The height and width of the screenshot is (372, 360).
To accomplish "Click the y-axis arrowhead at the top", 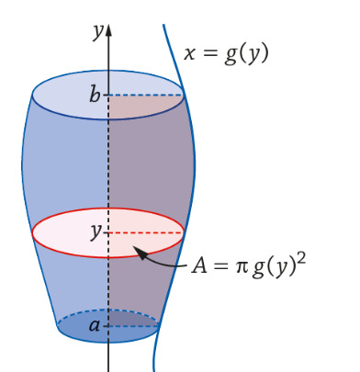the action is pyautogui.click(x=108, y=29).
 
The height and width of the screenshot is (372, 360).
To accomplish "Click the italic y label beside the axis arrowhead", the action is pyautogui.click(x=97, y=31).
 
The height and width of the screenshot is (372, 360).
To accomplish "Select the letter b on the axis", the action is pyautogui.click(x=95, y=94).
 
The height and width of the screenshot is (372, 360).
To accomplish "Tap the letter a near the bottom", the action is pyautogui.click(x=95, y=325).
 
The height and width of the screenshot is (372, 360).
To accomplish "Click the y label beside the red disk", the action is pyautogui.click(x=96, y=232).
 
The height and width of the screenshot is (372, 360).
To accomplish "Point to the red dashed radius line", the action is pyautogui.click(x=146, y=233).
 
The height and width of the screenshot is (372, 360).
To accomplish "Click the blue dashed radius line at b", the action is pyautogui.click(x=146, y=95).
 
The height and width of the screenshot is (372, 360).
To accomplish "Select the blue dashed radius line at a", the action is pyautogui.click(x=134, y=326).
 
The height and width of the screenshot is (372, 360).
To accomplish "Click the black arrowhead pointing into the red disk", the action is pyautogui.click(x=140, y=253).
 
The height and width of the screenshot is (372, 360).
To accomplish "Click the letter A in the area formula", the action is pyautogui.click(x=199, y=265).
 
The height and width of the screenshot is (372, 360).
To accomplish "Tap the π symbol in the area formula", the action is pyautogui.click(x=242, y=267).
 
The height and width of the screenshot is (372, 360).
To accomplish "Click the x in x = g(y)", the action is pyautogui.click(x=190, y=54).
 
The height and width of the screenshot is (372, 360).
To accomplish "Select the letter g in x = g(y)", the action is pyautogui.click(x=231, y=55).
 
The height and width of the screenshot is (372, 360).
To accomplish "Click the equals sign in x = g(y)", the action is pyautogui.click(x=209, y=54).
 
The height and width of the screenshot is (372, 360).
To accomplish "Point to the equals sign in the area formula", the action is pyautogui.click(x=220, y=266).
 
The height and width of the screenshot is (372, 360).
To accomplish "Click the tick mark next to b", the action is pyautogui.click(x=106, y=95).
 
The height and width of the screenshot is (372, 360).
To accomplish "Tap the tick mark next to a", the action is pyautogui.click(x=106, y=326).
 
